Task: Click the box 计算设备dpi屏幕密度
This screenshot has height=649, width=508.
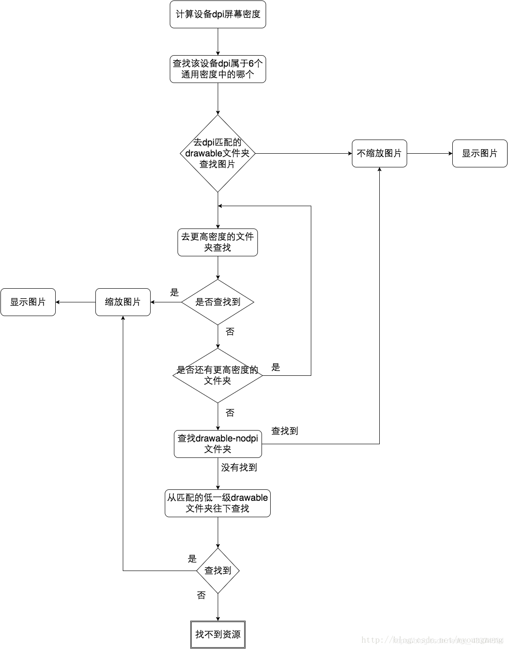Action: [218, 15]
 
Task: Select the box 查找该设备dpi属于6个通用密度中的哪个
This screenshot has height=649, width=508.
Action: [218, 69]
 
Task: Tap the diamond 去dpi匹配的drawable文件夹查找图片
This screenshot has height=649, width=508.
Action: [218, 153]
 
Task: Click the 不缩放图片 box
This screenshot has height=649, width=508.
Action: [379, 153]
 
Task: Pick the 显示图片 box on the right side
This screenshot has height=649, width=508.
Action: [480, 153]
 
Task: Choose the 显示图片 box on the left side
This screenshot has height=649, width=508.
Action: [28, 302]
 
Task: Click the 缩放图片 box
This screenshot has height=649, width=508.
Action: [123, 302]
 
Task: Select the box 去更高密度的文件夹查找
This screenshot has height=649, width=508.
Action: [218, 242]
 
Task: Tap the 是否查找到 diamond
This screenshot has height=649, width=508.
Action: [218, 302]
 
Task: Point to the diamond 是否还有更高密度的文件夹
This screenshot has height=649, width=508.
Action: [218, 375]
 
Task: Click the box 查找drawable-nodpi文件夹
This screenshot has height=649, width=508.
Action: [218, 444]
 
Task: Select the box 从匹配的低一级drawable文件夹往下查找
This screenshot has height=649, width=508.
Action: [218, 503]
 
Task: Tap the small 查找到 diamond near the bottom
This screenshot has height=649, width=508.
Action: [218, 571]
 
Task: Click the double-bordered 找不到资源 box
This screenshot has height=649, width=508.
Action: [218, 634]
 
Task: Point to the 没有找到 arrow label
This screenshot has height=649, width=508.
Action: [239, 467]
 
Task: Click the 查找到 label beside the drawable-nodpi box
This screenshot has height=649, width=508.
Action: [284, 431]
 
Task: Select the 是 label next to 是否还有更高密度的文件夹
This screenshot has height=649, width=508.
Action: [276, 367]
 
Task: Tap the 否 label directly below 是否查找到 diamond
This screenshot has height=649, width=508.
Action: [230, 332]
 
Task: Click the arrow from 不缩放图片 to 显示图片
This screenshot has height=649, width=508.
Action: [429, 153]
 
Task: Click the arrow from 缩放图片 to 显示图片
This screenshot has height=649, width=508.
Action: [75, 302]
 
